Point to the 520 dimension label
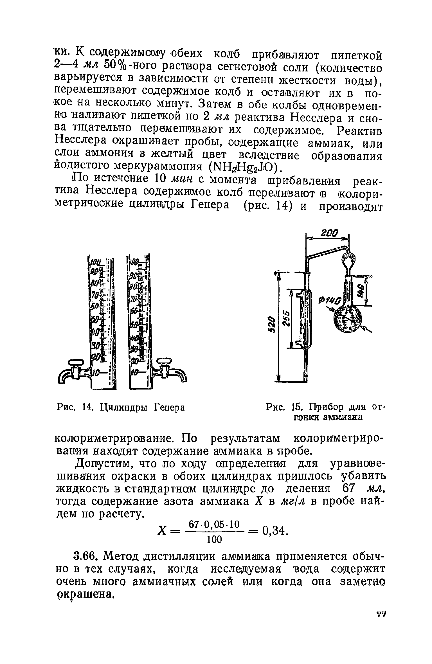click(270, 325)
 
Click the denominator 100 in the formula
click(215, 539)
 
